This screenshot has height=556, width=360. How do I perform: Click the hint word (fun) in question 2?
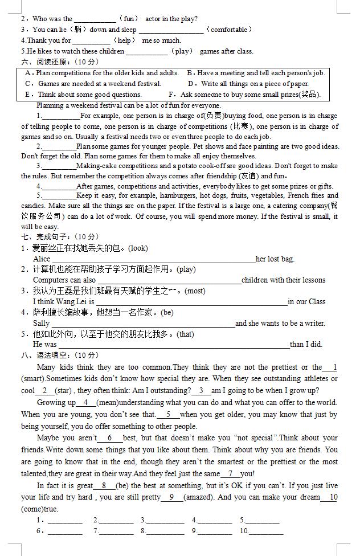[129, 19]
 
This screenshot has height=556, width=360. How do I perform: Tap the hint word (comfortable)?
[230, 30]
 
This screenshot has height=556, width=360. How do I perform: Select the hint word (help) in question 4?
[125, 40]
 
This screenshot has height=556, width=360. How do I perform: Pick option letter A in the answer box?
[28, 73]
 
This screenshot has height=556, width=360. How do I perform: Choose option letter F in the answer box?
[171, 95]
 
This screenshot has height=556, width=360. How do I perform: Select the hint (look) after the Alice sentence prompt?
[138, 248]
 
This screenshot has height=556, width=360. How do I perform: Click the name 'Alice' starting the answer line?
[42, 259]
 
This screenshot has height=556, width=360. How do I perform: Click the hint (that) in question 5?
[186, 334]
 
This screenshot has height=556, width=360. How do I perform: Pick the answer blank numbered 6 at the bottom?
[64, 532]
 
